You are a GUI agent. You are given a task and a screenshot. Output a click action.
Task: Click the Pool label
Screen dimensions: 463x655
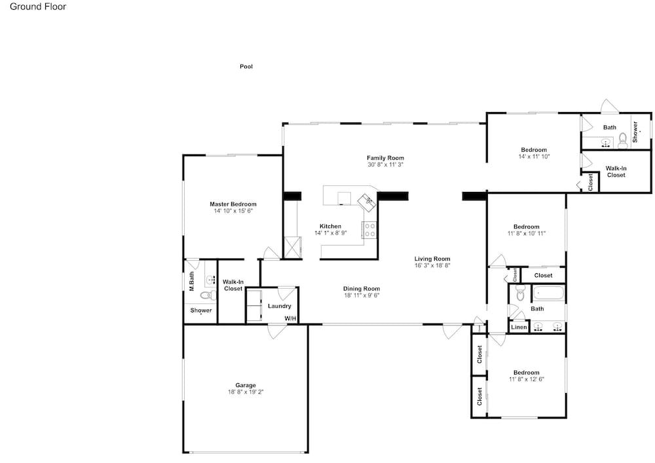pos(246,66)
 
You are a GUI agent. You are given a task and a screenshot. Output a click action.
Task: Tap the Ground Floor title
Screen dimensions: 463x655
pos(38,7)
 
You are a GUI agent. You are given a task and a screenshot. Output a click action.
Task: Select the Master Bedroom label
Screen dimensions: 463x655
pos(233,204)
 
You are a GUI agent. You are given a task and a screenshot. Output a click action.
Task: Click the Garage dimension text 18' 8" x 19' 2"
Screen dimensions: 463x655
pos(246,392)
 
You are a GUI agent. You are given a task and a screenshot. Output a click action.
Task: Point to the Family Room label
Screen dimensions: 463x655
pos(385,158)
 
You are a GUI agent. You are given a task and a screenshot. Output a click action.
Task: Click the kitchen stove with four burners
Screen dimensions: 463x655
pos(369,230)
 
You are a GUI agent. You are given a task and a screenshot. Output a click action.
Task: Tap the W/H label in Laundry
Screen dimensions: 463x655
pos(290,318)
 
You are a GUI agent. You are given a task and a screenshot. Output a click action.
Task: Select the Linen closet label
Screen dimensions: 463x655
pos(519,327)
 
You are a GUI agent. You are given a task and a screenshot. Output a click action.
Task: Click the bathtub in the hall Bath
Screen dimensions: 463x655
pos(548,293)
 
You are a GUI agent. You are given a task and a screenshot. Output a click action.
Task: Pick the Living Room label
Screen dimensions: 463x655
pos(432,259)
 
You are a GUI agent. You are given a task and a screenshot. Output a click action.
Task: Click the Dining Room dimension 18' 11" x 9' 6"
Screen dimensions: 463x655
pos(362,295)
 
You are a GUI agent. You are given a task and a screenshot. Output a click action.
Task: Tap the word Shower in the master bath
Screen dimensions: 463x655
pos(201,310)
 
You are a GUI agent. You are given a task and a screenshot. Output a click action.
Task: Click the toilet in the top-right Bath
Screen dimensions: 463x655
pos(622,139)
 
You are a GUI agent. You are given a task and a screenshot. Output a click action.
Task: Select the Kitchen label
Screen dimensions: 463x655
pos(330,226)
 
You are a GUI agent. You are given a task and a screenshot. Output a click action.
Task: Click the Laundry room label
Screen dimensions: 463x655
pos(279,306)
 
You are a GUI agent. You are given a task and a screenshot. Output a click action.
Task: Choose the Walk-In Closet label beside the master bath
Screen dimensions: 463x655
pos(233,285)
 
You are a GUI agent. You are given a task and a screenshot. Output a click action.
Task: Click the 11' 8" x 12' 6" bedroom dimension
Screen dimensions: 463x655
pos(526,379)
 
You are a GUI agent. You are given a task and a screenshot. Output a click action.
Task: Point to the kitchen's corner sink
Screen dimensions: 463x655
pos(367,202)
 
